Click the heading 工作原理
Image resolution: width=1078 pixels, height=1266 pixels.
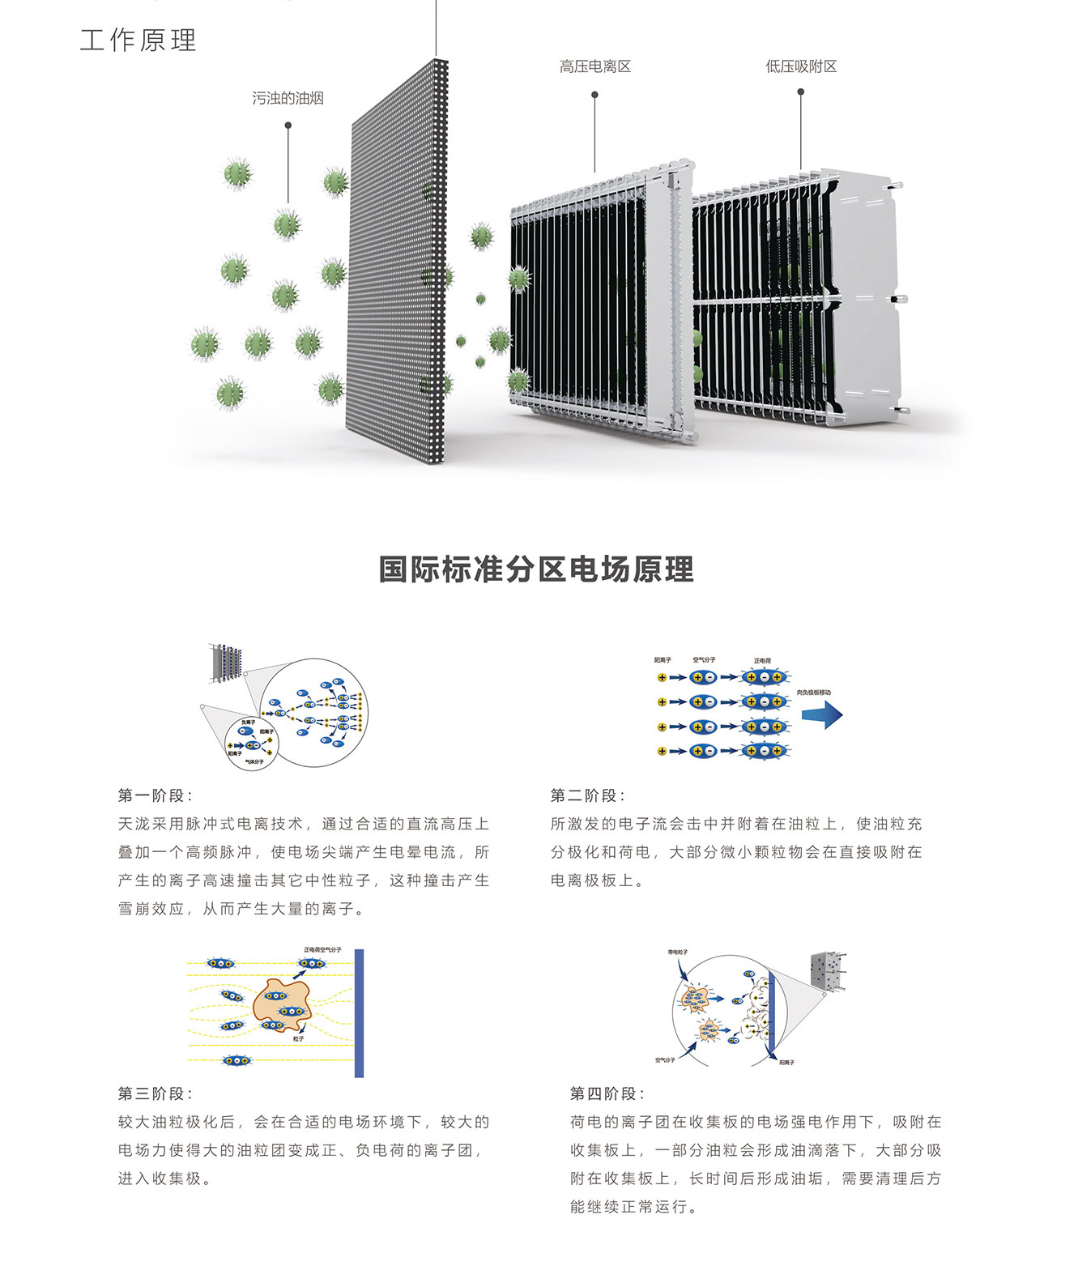pyautogui.click(x=138, y=40)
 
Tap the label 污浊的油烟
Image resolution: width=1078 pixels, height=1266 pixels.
pyautogui.click(x=288, y=98)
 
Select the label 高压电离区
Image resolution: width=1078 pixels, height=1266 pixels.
pyautogui.click(x=594, y=66)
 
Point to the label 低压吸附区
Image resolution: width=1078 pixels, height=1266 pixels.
pyautogui.click(x=801, y=66)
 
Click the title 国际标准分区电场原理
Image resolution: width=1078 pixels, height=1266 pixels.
pyautogui.click(x=536, y=569)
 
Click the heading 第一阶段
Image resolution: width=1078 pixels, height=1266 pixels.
pyautogui.click(x=155, y=795)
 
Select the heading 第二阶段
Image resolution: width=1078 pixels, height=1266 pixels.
pyautogui.click(x=587, y=795)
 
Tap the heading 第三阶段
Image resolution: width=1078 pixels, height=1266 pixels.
pyautogui.click(x=155, y=1093)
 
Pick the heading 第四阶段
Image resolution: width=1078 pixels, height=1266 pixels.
pyautogui.click(x=607, y=1093)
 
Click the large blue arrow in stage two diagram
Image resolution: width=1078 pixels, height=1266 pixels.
pyautogui.click(x=822, y=715)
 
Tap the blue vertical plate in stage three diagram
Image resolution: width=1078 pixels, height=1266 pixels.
pyautogui.click(x=359, y=1012)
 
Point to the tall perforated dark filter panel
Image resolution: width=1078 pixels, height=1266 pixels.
pyautogui.click(x=397, y=267)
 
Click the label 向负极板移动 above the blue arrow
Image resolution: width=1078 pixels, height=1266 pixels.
pyautogui.click(x=813, y=693)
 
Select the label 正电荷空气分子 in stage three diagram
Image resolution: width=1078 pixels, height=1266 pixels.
pyautogui.click(x=322, y=949)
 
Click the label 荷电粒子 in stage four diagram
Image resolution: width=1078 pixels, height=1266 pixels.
pyautogui.click(x=678, y=952)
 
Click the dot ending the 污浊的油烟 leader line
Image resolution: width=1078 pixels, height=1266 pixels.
pyautogui.click(x=288, y=126)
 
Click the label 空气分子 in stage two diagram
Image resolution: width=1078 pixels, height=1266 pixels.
pyautogui.click(x=704, y=660)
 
